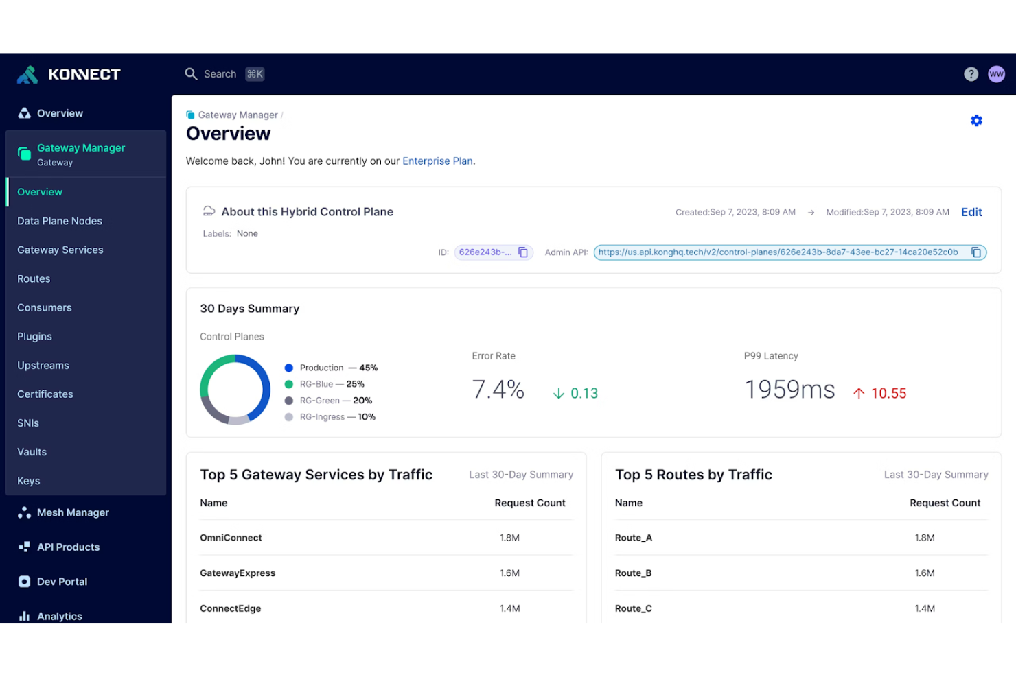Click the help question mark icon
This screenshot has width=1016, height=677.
pos(971,74)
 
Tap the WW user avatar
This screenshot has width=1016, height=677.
pos(996,74)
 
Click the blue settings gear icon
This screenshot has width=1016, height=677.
pos(976,121)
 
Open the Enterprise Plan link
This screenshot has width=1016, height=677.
pos(437,161)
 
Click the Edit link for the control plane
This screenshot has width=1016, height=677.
pos(971,212)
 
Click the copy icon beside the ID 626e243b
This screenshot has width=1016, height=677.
pos(523,252)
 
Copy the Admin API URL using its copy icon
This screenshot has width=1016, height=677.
pos(975,252)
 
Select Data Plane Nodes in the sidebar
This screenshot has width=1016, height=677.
pos(60,221)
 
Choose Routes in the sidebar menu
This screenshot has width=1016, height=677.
pos(34,278)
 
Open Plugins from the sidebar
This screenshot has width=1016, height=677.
pos(34,336)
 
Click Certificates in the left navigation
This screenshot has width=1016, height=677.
pos(45,394)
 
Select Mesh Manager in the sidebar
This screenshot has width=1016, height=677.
pos(73,512)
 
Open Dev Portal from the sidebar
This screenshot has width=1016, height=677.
pos(62,582)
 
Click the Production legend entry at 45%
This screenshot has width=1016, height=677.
pos(332,368)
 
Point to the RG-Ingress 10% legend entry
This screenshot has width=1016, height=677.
pos(330,417)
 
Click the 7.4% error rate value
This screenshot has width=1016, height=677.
pos(498,390)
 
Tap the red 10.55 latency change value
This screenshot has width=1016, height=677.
pos(888,393)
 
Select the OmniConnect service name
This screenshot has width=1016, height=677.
pos(231,538)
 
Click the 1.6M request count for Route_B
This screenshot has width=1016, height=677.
pos(924,573)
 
